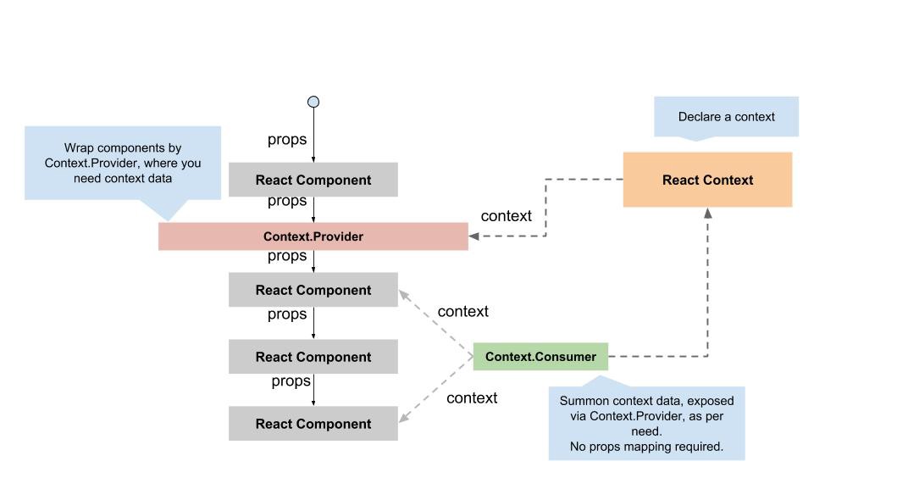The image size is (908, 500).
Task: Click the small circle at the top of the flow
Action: [313, 102]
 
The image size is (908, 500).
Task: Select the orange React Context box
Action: [707, 180]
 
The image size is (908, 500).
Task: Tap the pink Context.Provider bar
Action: [313, 236]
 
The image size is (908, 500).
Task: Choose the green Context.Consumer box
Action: [540, 357]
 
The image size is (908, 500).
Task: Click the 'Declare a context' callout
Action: [726, 117]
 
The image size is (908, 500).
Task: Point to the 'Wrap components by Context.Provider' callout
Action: [123, 164]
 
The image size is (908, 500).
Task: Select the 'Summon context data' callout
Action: [646, 423]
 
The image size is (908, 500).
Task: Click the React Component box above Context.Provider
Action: [313, 180]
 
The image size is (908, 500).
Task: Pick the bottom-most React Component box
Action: [313, 424]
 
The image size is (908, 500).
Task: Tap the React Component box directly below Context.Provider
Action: [313, 290]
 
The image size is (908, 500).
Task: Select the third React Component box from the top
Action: [313, 357]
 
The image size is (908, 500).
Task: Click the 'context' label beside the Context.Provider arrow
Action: [506, 216]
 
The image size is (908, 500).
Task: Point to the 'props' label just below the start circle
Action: [287, 140]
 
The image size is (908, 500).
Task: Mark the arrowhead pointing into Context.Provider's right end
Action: [474, 236]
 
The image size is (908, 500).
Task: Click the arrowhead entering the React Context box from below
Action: [707, 213]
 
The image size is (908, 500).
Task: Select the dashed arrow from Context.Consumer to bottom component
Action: [435, 389]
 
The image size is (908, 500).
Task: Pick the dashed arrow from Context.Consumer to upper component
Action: [435, 324]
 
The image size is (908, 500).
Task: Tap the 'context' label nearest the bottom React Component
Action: [472, 398]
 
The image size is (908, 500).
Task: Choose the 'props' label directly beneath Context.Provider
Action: [287, 256]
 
